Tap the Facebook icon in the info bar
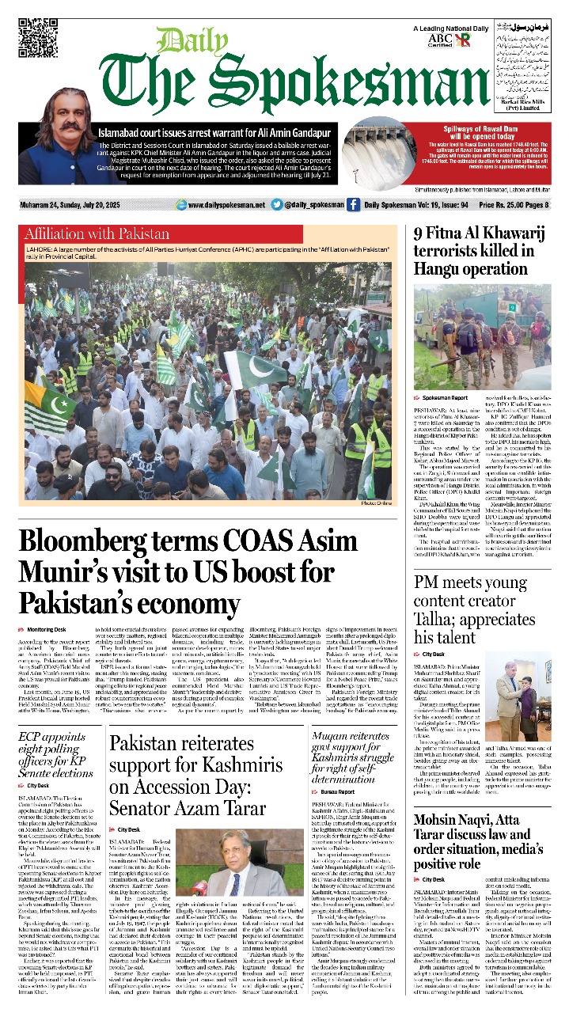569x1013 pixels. pyautogui.click(x=353, y=205)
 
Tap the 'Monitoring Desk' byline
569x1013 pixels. pyautogui.click(x=47, y=629)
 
